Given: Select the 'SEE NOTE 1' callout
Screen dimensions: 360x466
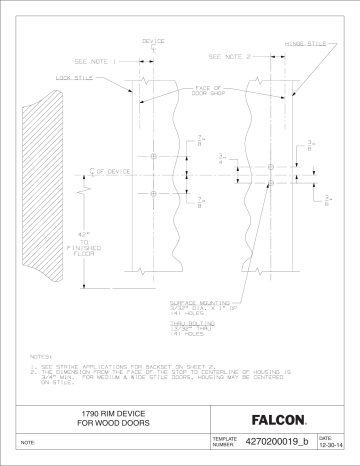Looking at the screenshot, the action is tap(97, 61).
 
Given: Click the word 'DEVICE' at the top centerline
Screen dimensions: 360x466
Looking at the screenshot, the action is tap(153, 41).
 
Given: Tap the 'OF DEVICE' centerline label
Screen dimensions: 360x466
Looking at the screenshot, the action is tap(111, 172).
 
